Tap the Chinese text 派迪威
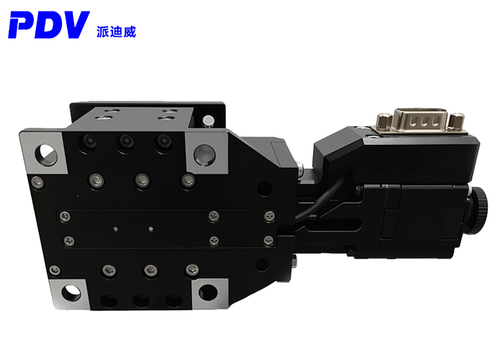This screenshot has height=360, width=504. point(115,31)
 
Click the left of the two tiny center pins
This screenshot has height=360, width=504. point(116,229)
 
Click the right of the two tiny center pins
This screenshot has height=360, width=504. point(150,229)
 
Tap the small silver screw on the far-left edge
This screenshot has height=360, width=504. point(35,183)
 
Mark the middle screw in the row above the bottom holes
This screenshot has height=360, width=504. point(150,270)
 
